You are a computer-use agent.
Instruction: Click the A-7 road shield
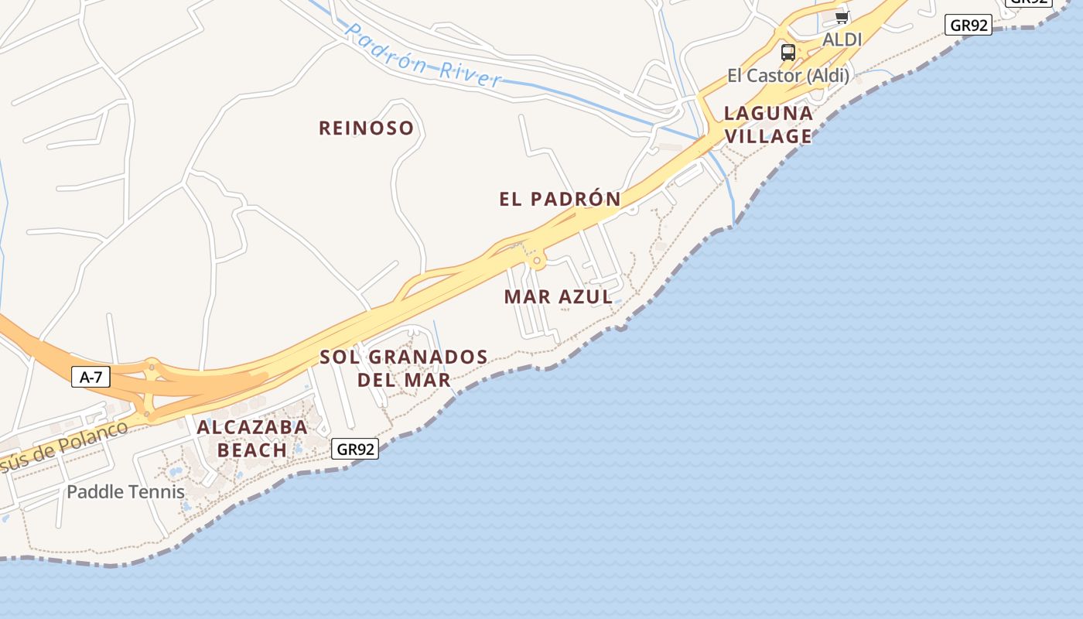pos(91,378)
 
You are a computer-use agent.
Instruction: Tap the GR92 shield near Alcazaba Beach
pos(356,449)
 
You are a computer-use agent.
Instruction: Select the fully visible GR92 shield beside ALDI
pos(969,26)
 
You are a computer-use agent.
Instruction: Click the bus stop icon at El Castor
pos(787,53)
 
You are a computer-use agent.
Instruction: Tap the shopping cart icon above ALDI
pos(842,17)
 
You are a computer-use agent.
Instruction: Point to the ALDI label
pos(842,39)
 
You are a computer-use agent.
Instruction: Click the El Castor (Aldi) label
pos(787,76)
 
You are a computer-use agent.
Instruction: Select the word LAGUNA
pos(768,114)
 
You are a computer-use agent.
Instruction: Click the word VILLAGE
pos(768,136)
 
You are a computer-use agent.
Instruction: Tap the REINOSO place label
pos(367,128)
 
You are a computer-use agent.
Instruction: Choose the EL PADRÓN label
pos(560,199)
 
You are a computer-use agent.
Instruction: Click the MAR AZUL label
pos(558,296)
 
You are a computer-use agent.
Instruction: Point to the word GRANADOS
pos(428,357)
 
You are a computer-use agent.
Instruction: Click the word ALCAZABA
pos(252,427)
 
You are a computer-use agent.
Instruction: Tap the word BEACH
pos(252,450)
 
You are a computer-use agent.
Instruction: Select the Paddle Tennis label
pos(125,491)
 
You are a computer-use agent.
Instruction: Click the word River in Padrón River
pos(470,75)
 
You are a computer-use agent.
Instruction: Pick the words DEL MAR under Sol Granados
pos(404,380)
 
